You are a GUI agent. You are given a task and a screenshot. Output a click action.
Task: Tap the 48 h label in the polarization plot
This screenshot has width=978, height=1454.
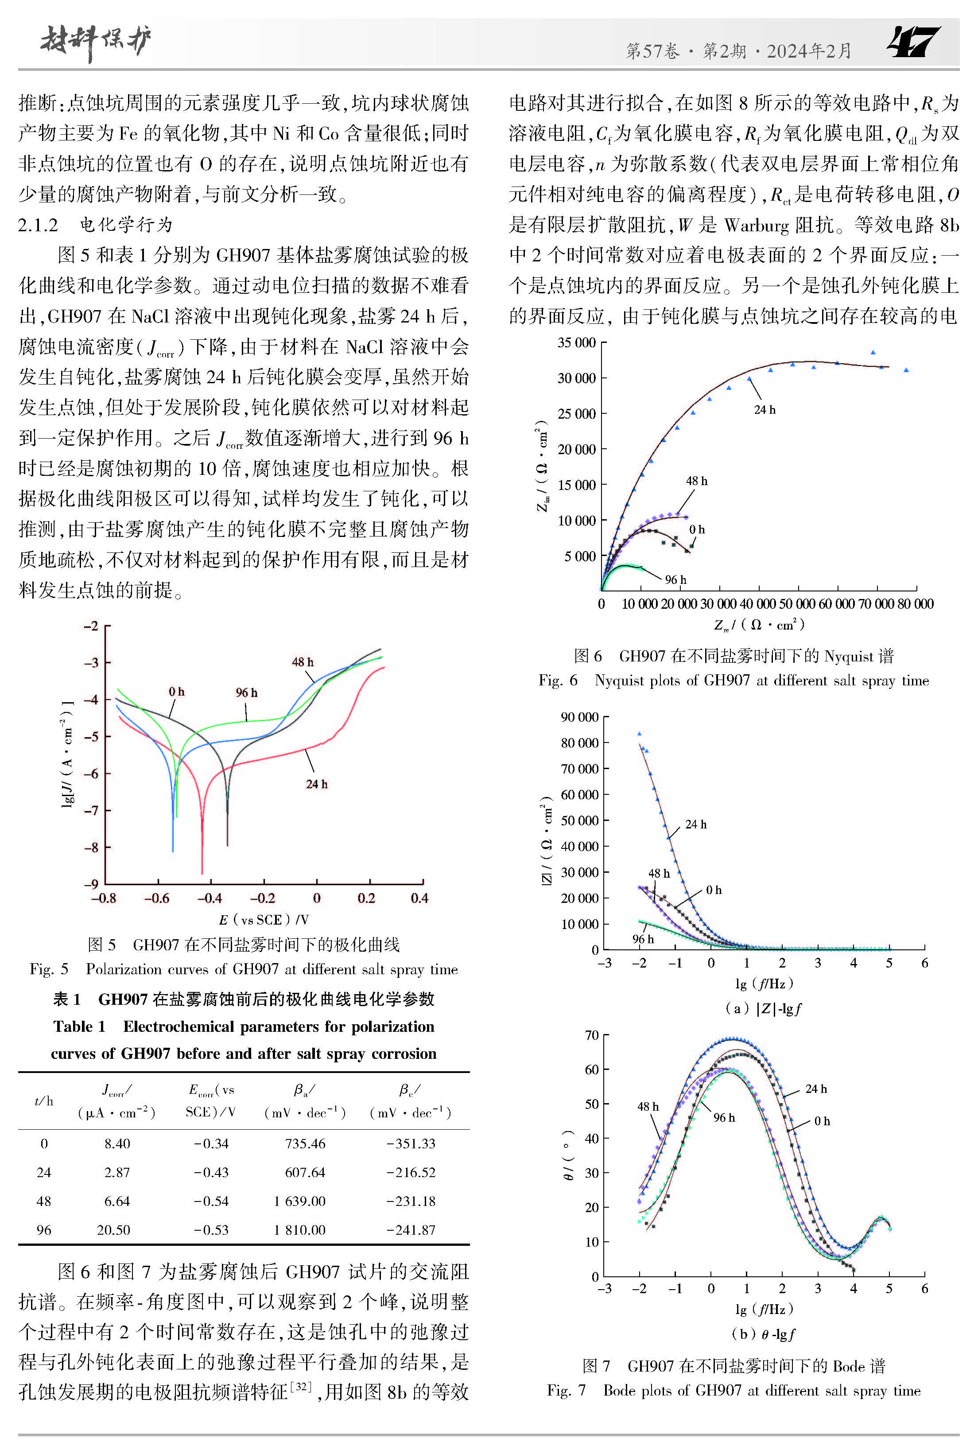[x=303, y=662]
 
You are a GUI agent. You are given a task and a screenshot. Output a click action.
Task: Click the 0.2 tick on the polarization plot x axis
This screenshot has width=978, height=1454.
[x=366, y=898]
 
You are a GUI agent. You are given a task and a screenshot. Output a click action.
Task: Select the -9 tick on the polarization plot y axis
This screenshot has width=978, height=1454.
[x=91, y=883]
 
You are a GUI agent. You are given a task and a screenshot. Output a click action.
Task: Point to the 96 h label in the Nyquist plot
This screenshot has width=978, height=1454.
[x=675, y=579]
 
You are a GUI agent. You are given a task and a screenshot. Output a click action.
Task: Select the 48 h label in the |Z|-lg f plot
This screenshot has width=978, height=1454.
[x=659, y=873]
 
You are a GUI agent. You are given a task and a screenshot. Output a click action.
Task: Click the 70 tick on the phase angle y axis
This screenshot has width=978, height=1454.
[x=592, y=1035]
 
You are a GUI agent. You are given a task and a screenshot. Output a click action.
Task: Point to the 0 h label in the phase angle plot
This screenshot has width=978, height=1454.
[x=822, y=1121]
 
